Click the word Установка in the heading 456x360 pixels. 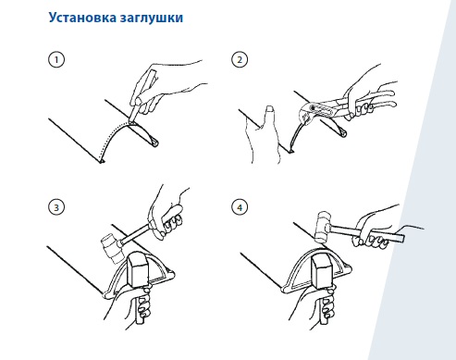coord(82,18)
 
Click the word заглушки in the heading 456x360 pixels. coord(152,19)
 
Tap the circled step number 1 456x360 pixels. coord(56,59)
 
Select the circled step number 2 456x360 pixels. coord(240,59)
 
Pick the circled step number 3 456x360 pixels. coord(56,207)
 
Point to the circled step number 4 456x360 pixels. coord(240,207)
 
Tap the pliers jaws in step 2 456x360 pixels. coord(306,113)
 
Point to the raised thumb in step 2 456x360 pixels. coord(269,118)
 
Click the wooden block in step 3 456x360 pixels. coord(138,268)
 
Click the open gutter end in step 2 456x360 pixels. coord(342,132)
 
